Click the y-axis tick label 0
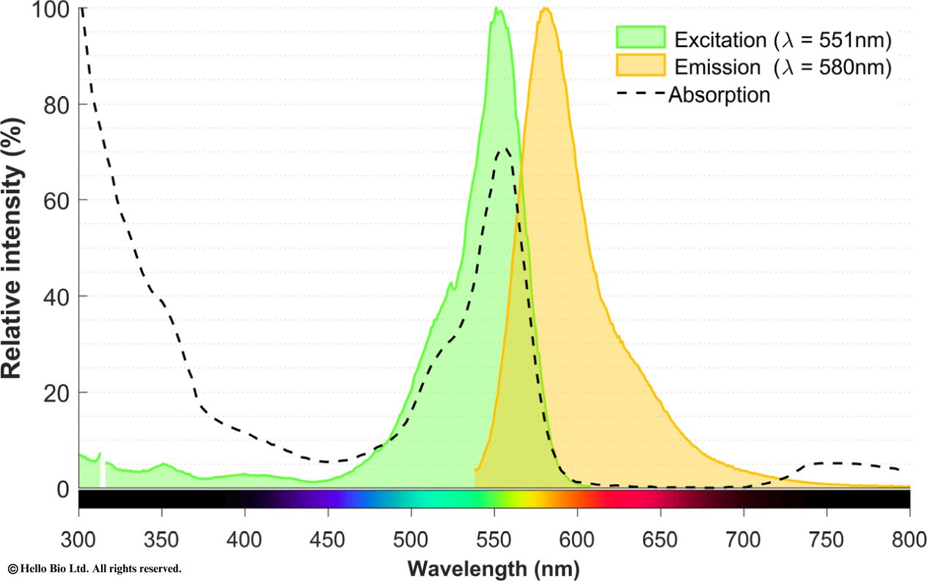pyautogui.click(x=62, y=489)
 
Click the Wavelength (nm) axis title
pyautogui.click(x=494, y=568)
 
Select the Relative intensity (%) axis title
pyautogui.click(x=12, y=249)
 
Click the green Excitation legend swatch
pyautogui.click(x=640, y=38)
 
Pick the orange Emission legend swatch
pyautogui.click(x=640, y=66)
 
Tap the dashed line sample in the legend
pyautogui.click(x=640, y=94)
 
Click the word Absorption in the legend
pyautogui.click(x=719, y=95)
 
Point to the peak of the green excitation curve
pyautogui.click(x=497, y=10)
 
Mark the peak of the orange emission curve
pyautogui.click(x=545, y=9)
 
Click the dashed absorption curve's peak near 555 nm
pyautogui.click(x=505, y=150)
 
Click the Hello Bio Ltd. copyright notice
pyautogui.click(x=95, y=569)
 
